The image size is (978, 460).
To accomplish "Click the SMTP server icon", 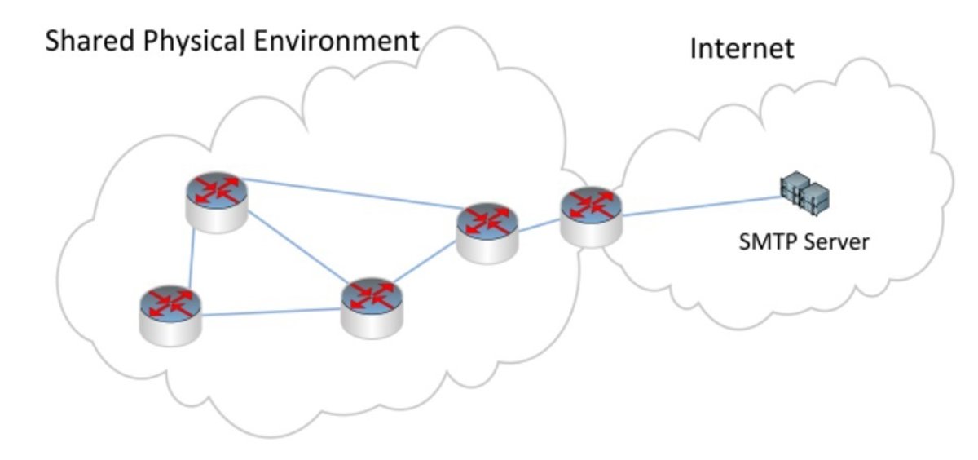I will click(x=805, y=195).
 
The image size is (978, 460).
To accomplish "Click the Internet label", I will click(x=742, y=48).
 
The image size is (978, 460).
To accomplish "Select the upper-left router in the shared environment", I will click(x=216, y=201).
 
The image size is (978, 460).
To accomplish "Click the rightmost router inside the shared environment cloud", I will click(x=487, y=232).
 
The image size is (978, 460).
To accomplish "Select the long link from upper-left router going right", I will click(x=350, y=195).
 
